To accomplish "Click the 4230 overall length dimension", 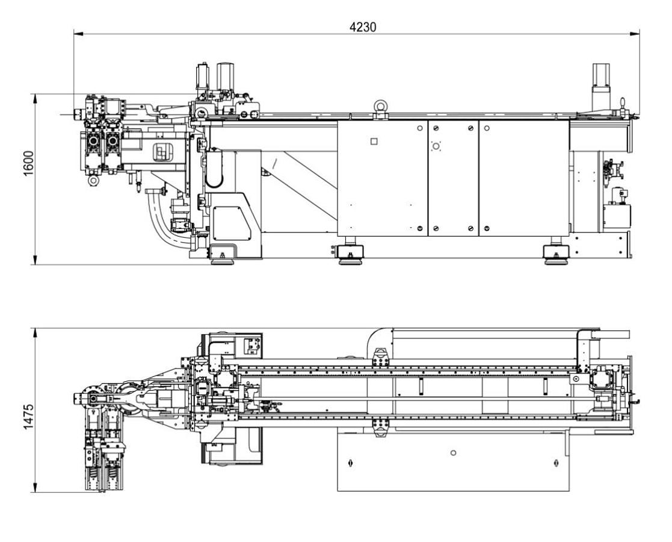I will (360, 27).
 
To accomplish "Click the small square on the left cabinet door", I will (374, 142).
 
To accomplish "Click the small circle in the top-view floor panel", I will (453, 452).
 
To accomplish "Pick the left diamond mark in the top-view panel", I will (351, 463).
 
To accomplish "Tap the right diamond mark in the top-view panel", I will (555, 463).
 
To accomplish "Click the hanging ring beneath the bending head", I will (93, 179).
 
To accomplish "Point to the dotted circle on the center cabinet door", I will (436, 146).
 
